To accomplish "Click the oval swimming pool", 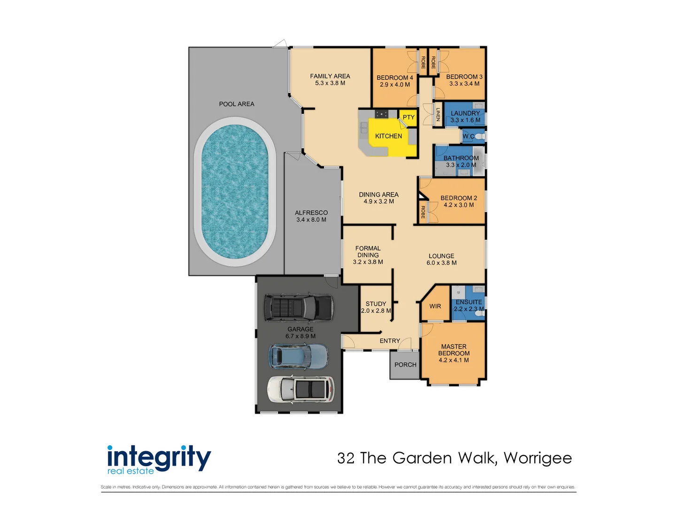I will tap(235, 192).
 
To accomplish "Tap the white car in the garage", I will tap(300, 389).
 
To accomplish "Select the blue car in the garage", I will tap(299, 356).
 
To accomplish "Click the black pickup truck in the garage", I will tap(299, 308).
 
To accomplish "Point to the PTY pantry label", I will tap(408, 117).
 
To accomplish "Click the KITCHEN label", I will tap(388, 136).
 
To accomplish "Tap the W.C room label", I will tap(468, 137).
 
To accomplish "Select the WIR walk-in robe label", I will tap(435, 306).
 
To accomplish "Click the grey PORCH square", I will tap(405, 365).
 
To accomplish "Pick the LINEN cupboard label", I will tap(438, 115).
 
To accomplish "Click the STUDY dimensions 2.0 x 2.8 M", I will tap(376, 311).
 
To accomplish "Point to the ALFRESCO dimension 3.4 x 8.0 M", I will tap(311, 220).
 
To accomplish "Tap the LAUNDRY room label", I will tap(465, 113).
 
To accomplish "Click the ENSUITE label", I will tap(469, 302).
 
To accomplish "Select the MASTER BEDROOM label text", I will tap(453, 350).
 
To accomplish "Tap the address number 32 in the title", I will tap(346, 458).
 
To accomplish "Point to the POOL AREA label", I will tap(237, 104).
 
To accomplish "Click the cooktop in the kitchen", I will tap(381, 114).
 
